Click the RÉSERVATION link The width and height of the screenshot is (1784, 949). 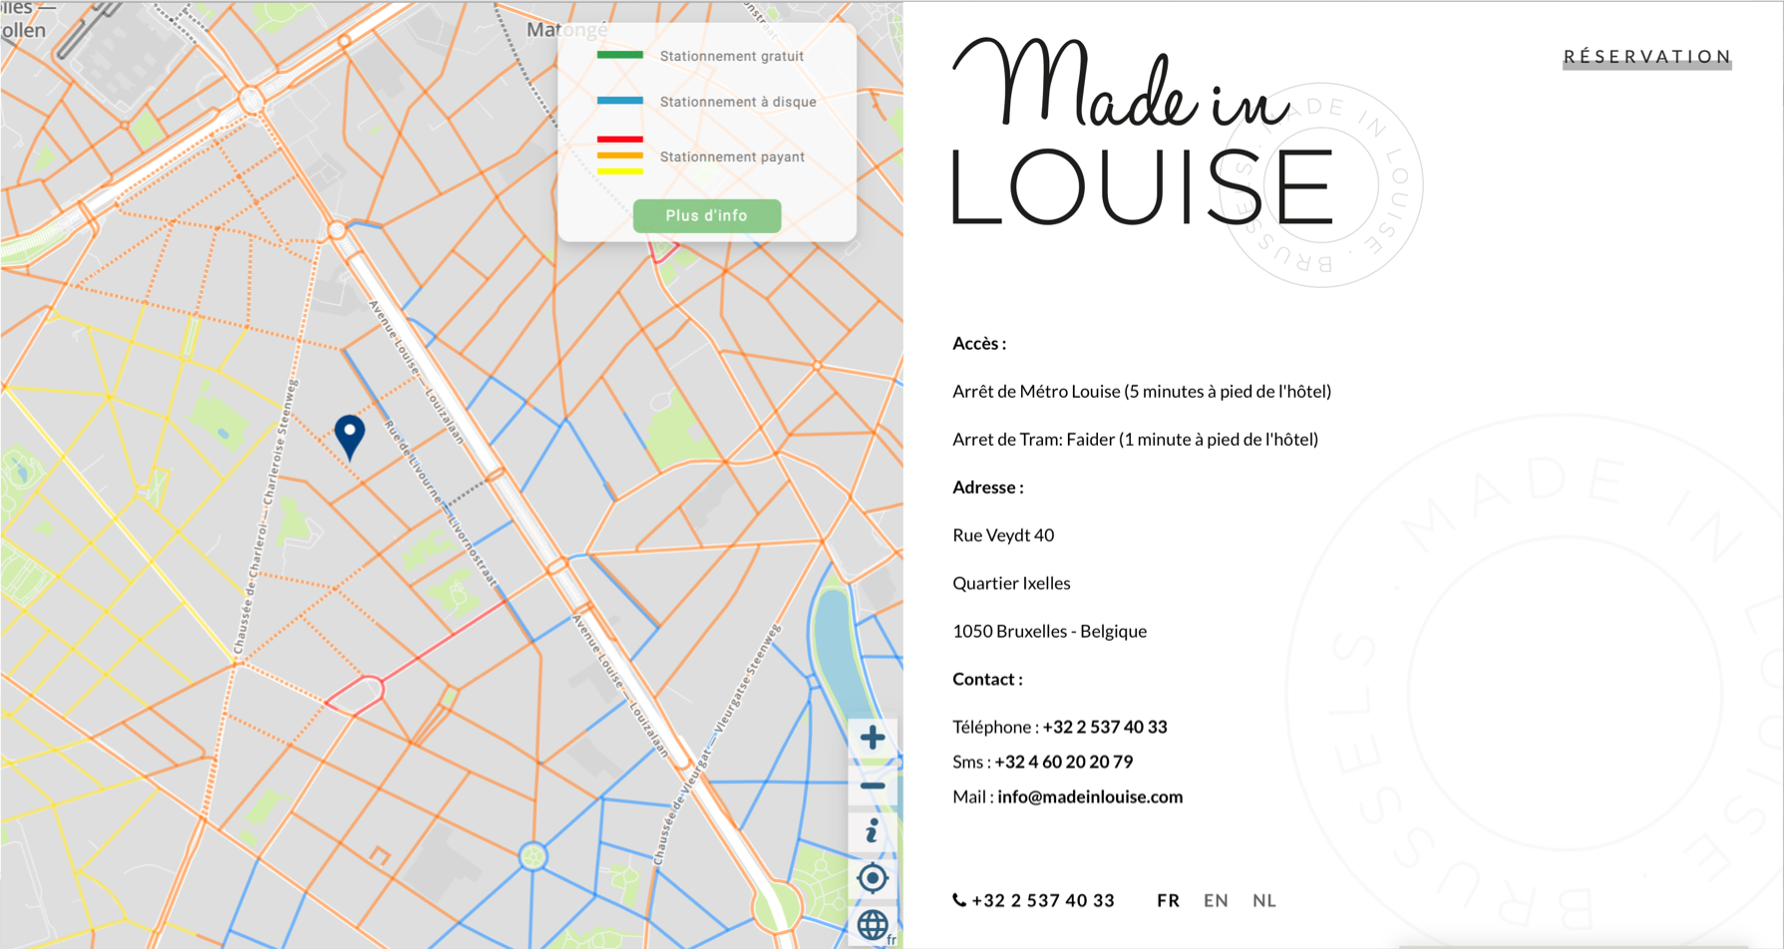(x=1646, y=57)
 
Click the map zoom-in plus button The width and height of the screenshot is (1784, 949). (x=873, y=738)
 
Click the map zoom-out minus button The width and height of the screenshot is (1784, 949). (x=873, y=786)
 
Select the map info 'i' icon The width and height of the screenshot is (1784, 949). (x=873, y=831)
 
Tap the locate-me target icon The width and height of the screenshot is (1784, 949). (x=873, y=878)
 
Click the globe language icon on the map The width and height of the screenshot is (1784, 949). (x=873, y=925)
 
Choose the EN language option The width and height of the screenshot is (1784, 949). (x=1216, y=900)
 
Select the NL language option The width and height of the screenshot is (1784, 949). (x=1263, y=900)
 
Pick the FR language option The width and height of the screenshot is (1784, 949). (x=1168, y=900)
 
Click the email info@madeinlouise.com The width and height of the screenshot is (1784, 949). (x=1090, y=796)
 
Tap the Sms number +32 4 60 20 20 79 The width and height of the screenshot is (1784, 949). (x=1063, y=762)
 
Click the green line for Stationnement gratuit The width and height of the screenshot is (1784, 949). (x=619, y=55)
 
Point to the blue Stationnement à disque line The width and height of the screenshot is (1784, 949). (x=619, y=101)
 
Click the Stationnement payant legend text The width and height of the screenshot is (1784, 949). (x=732, y=157)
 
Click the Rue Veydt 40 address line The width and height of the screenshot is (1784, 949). (x=1003, y=535)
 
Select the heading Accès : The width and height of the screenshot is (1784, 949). (x=979, y=344)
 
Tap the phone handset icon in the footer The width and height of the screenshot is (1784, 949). (x=959, y=900)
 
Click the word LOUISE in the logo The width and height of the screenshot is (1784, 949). (x=1142, y=187)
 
